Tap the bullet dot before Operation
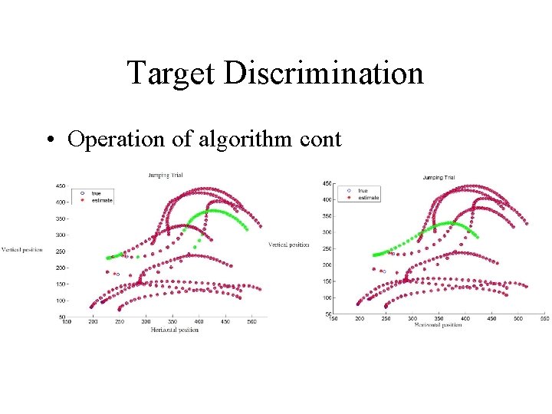(x=48, y=140)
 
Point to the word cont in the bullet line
(x=320, y=140)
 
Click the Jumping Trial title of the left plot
(x=165, y=176)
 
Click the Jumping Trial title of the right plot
(x=439, y=178)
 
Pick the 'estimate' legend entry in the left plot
(x=101, y=200)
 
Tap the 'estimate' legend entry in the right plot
(x=368, y=198)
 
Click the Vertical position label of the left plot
(x=21, y=250)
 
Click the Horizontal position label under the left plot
(x=174, y=330)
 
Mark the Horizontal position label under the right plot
(x=438, y=324)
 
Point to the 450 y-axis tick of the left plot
(x=61, y=186)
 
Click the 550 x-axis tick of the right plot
(x=544, y=318)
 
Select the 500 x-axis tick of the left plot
(x=251, y=323)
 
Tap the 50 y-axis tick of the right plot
(x=327, y=314)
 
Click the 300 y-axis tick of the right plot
(x=326, y=232)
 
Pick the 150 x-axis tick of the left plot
(x=67, y=323)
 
